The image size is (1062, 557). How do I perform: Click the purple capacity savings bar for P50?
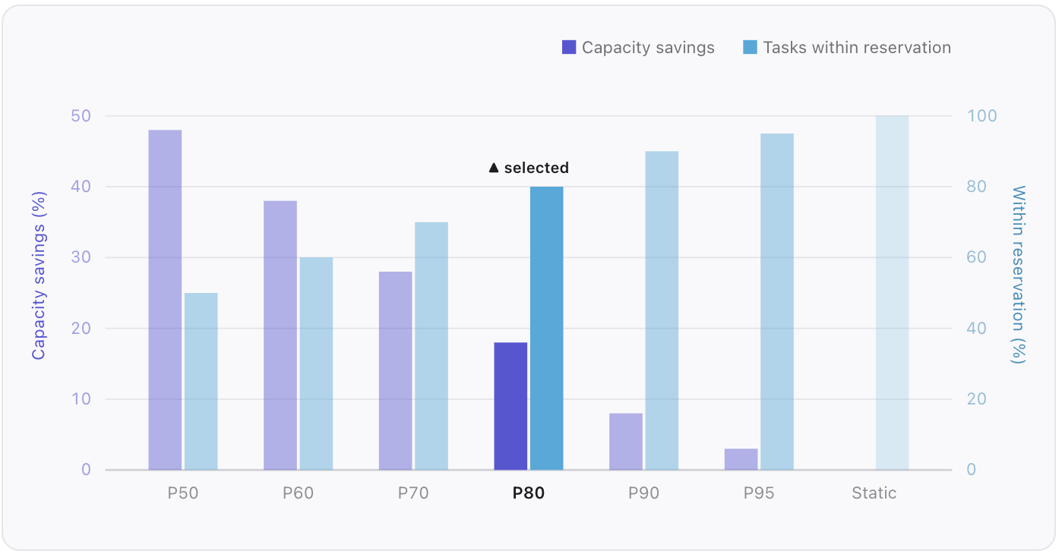click(x=165, y=300)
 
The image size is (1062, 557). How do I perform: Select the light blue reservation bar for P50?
click(x=201, y=381)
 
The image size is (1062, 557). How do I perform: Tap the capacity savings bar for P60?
click(x=280, y=335)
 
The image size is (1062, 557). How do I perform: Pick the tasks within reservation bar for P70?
click(x=431, y=345)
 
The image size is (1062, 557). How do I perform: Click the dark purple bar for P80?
click(x=510, y=406)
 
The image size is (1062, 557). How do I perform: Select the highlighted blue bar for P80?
click(x=547, y=328)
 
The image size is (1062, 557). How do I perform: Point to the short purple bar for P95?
click(x=741, y=459)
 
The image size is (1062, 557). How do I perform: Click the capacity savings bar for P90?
click(x=626, y=441)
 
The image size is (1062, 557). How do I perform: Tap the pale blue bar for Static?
click(x=892, y=293)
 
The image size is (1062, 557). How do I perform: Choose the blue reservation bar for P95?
click(x=777, y=301)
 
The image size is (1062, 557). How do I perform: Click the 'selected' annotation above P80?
click(x=529, y=168)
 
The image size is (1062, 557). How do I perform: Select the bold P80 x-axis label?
click(x=529, y=493)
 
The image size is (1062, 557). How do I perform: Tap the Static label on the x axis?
click(x=874, y=493)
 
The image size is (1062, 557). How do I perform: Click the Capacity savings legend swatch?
click(x=569, y=48)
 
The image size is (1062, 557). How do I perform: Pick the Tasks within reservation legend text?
click(x=857, y=48)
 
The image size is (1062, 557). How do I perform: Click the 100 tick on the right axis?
click(x=981, y=116)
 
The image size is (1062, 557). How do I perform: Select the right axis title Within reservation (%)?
click(x=1019, y=275)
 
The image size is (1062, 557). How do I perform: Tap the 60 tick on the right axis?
click(x=977, y=257)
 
